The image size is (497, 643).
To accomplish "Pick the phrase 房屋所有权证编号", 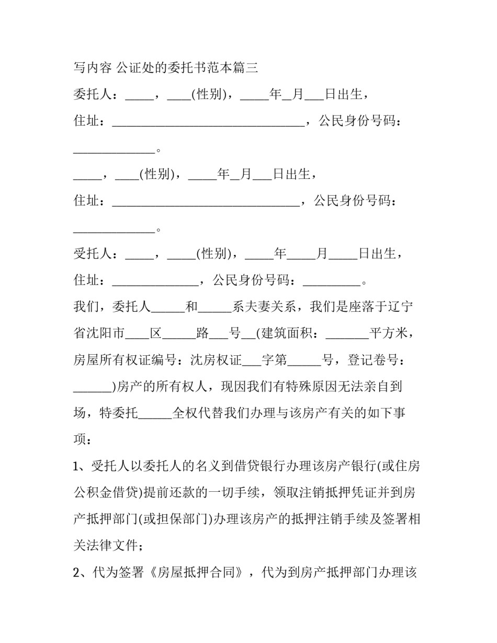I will pyautogui.click(x=125, y=360).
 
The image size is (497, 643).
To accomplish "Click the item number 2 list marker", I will pyautogui.click(x=76, y=573).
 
